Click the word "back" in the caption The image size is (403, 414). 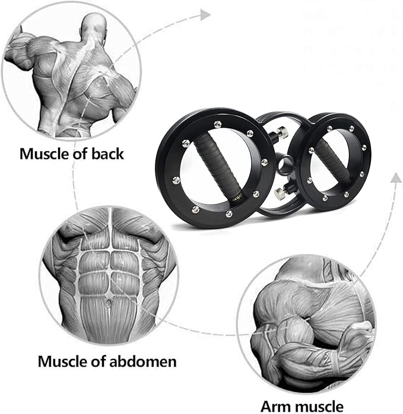click(x=107, y=154)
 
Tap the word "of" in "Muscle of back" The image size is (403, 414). click(x=83, y=154)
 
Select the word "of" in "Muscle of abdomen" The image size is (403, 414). click(x=100, y=361)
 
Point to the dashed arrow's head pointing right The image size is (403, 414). click(x=205, y=14)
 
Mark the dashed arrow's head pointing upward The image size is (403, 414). click(x=394, y=176)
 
